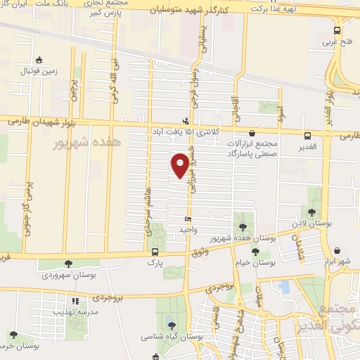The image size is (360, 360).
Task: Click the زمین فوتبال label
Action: (39, 70)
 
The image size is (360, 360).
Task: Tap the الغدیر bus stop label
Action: (306, 146)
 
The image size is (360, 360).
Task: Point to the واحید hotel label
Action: (187, 230)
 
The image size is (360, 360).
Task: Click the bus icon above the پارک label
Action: (155, 252)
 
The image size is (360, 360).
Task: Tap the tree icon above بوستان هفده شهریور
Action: (243, 227)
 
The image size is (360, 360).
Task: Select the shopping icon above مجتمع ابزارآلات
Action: (252, 132)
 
